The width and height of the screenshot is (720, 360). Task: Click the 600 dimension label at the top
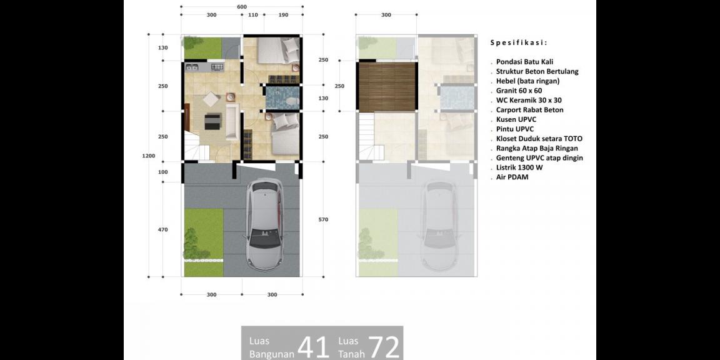coord(242,7)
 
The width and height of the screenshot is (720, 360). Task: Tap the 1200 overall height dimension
coord(148,156)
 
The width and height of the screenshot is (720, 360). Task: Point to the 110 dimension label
coord(253,15)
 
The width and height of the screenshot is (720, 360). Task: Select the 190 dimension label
coord(283,15)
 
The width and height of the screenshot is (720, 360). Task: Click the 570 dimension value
coord(323,220)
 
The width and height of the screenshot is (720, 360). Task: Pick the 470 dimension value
coord(163,229)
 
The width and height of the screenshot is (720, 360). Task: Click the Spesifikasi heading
coord(519,42)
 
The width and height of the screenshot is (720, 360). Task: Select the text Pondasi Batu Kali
coord(524,61)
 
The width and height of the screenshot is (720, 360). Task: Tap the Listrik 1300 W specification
coord(519,167)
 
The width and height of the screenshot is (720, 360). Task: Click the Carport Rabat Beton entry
coord(529,110)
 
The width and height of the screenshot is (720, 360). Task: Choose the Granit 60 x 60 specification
coord(519,91)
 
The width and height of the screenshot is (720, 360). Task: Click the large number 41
coord(314,347)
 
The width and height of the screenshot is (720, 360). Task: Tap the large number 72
coord(384,347)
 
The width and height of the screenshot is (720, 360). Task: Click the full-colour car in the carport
coord(266,225)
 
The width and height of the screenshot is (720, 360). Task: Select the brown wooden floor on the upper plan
coord(387,87)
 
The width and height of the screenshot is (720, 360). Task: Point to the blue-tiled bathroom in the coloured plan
coord(282,97)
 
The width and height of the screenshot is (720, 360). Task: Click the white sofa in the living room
coord(231,122)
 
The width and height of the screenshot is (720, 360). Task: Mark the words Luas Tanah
coord(352,347)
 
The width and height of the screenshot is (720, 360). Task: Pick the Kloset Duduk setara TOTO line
coord(539,139)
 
